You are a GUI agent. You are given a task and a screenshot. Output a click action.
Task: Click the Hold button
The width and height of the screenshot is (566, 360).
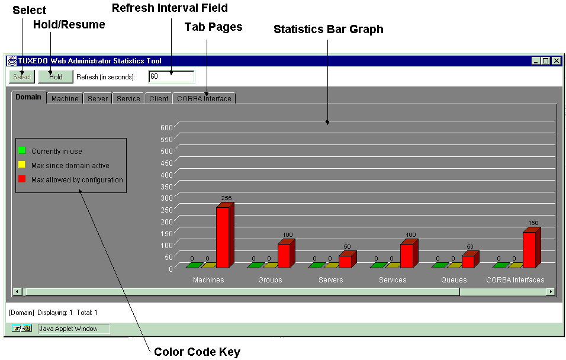pos(56,76)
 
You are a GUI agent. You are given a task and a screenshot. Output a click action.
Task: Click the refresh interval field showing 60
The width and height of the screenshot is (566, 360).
pos(172,76)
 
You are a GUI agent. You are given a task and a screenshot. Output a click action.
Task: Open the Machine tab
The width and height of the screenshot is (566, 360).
pos(65,98)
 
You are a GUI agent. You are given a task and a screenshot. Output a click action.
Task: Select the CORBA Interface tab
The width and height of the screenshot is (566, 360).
pos(204,98)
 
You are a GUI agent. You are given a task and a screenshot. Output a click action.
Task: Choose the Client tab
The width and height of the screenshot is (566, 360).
pos(159,98)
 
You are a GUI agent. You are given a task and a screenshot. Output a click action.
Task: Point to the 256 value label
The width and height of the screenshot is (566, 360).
pos(226,198)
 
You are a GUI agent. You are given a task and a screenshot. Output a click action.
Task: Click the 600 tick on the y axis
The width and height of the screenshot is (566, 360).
pos(166,127)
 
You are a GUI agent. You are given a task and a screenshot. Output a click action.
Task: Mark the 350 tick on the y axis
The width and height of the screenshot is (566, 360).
pos(166,187)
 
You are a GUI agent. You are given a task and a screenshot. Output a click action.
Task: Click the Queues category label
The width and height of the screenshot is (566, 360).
pos(454,280)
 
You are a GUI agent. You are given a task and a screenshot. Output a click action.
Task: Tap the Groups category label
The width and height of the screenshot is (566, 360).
pos(270,280)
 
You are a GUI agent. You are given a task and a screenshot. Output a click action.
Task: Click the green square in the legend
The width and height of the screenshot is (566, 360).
pos(22,150)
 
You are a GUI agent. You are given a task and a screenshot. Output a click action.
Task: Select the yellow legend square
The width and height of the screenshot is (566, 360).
pos(22,165)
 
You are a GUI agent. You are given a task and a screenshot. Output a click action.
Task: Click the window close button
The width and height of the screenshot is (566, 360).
pos(557,60)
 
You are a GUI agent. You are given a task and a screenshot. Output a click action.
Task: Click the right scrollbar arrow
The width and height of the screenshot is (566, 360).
pos(551,291)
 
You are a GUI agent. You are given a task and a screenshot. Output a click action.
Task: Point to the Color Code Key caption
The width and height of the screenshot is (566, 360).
pos(197,352)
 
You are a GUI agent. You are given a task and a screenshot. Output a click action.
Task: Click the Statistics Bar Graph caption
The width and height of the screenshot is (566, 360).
pos(329,29)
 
